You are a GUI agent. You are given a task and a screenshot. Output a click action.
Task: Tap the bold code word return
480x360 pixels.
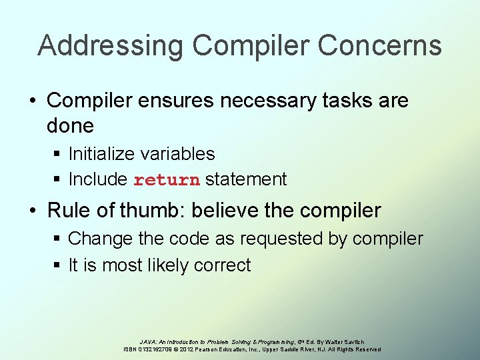pos(167,180)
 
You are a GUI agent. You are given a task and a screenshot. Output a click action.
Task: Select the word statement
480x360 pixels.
pos(246,179)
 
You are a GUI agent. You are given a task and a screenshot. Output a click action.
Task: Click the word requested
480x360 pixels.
pos(281,239)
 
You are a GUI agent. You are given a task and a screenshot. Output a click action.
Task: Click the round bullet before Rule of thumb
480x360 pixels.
pos(33,211)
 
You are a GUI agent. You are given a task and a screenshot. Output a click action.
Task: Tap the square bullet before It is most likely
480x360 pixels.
pos(58,265)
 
